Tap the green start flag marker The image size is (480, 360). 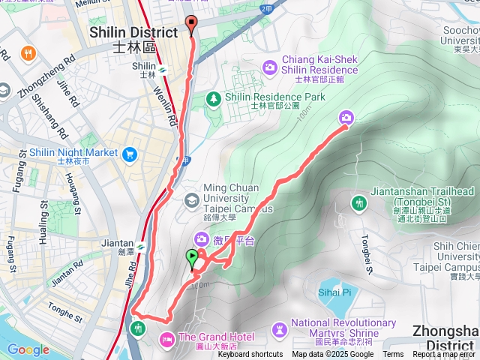[192, 259]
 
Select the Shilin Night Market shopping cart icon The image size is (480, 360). [130, 153]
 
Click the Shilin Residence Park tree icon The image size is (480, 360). [214, 97]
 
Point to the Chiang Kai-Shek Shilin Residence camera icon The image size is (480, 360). [269, 67]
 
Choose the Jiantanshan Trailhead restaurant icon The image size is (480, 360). [359, 202]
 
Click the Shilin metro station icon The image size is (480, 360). [161, 71]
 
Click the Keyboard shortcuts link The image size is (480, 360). [250, 355]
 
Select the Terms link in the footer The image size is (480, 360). [393, 355]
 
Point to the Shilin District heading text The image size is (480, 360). [133, 32]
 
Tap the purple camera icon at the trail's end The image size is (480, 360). [346, 117]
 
